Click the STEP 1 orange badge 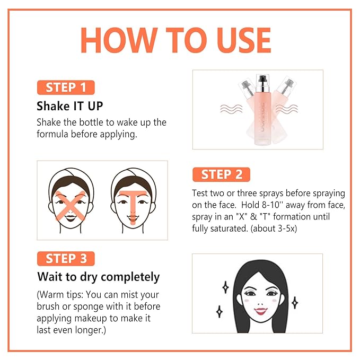pyautogui.click(x=65, y=87)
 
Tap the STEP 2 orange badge pyautogui.click(x=222, y=174)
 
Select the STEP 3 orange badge pyautogui.click(x=66, y=259)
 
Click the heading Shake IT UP pyautogui.click(x=71, y=105)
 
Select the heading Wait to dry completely pyautogui.click(x=98, y=277)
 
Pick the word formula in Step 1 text pyautogui.click(x=53, y=134)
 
